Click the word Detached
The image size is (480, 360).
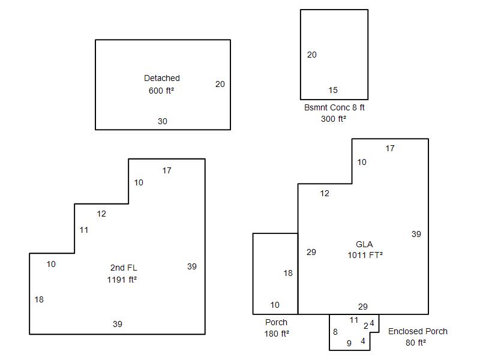[x=161, y=78]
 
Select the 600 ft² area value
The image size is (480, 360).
[x=161, y=91]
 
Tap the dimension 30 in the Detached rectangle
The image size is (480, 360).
[x=163, y=121]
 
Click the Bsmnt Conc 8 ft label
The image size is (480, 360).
[x=334, y=107]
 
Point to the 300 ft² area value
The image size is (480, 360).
[x=334, y=119]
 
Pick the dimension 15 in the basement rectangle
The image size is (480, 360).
[x=333, y=91]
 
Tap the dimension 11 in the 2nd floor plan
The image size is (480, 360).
[x=84, y=230]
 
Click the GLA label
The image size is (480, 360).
[x=364, y=244]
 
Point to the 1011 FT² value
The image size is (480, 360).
[x=365, y=255]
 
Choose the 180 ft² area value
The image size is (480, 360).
[x=277, y=334]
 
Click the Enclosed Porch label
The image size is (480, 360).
[x=418, y=331]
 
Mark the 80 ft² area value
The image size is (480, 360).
[x=415, y=343]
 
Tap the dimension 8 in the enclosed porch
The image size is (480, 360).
[x=335, y=332]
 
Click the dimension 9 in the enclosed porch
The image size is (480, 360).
[x=349, y=344]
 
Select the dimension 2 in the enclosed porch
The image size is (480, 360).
[x=366, y=326]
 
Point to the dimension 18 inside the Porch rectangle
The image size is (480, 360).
[x=288, y=273]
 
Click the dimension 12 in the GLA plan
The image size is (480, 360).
[x=325, y=193]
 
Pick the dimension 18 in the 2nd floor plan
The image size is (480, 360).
[x=39, y=299]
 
